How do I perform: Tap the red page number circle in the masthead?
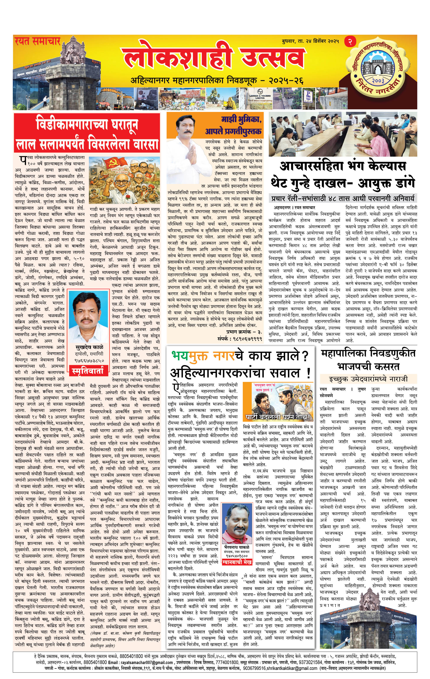350,41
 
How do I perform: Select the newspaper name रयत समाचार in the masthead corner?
37,41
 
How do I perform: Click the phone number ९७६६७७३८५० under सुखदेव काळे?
89,360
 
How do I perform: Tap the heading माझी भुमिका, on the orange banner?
241,120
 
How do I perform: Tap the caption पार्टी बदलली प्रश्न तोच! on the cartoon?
278,417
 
